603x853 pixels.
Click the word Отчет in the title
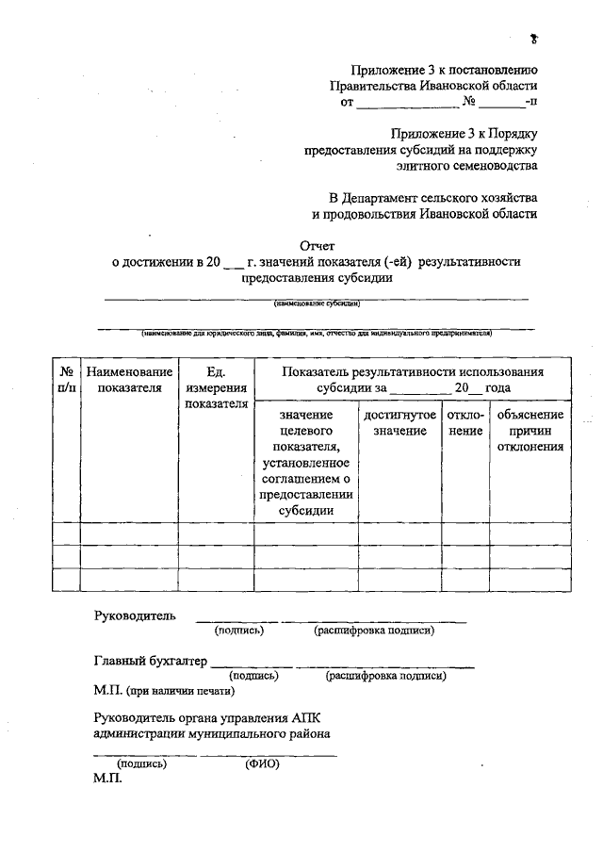(318, 245)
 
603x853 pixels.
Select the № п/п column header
(66, 380)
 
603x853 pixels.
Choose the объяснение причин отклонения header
(530, 430)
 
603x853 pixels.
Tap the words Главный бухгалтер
(150, 661)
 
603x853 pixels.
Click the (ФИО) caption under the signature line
(263, 764)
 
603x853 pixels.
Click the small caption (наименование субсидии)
(318, 304)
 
